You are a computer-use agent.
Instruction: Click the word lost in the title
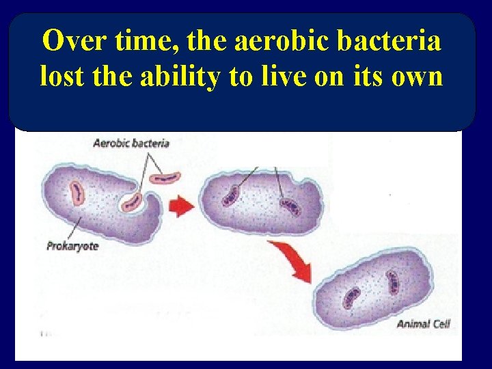(60, 77)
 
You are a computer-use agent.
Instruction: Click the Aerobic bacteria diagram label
(131, 143)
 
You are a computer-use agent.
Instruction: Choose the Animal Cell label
(423, 324)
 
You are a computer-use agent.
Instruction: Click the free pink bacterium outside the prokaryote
(165, 178)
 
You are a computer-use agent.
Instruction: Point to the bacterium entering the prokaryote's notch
(132, 202)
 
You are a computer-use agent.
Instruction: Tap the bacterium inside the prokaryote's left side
(76, 193)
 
